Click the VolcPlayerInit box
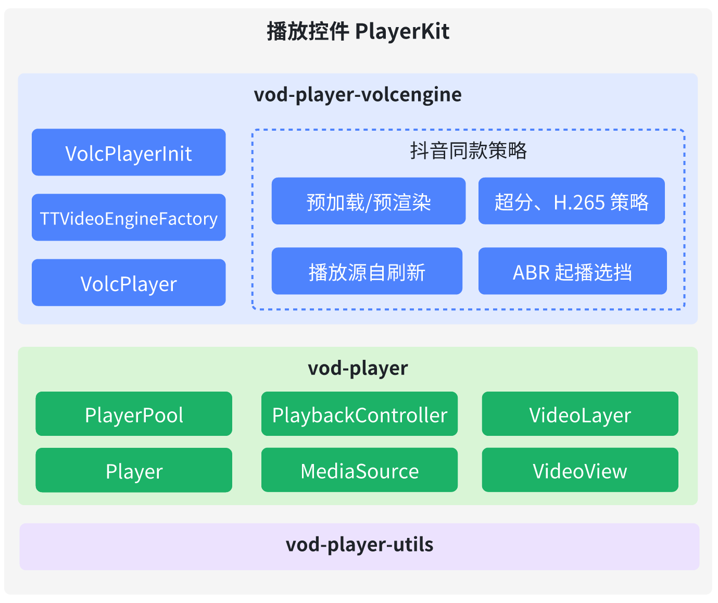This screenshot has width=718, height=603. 129,153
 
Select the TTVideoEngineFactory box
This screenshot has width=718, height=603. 129,217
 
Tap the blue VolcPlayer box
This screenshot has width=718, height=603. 129,283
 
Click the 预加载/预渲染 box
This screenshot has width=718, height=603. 369,201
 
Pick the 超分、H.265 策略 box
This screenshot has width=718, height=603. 572,201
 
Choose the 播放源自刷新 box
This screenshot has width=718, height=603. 367,271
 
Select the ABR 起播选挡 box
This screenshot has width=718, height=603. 573,271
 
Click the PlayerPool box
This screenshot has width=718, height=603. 134,414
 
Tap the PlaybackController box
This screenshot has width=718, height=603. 359,414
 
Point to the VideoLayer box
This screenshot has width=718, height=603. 580,414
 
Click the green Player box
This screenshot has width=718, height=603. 134,470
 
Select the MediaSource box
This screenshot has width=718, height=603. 359,470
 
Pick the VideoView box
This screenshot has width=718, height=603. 580,470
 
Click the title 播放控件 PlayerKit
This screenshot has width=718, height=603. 358,32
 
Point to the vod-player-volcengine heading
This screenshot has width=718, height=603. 358,95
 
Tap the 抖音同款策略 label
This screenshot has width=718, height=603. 469,150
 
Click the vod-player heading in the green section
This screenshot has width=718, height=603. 358,368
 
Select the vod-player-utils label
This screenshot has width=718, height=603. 359,545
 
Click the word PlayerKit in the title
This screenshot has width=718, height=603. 402,32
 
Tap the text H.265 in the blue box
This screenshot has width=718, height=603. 579,202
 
